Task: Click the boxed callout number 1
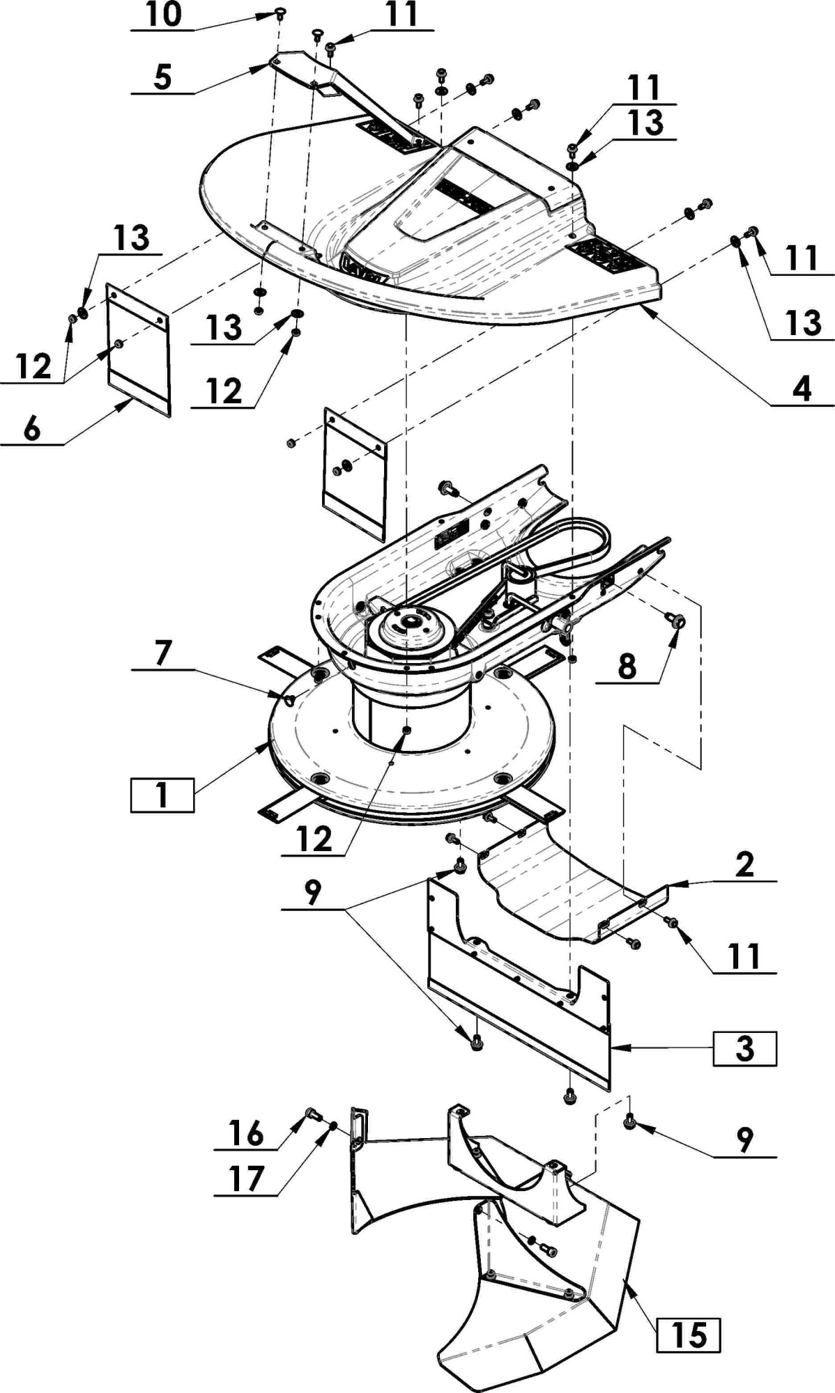tap(162, 795)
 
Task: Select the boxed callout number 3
tap(744, 1048)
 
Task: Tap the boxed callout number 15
tap(688, 1335)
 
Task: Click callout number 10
tap(164, 15)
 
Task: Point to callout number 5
tap(162, 77)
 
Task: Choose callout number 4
tap(802, 388)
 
